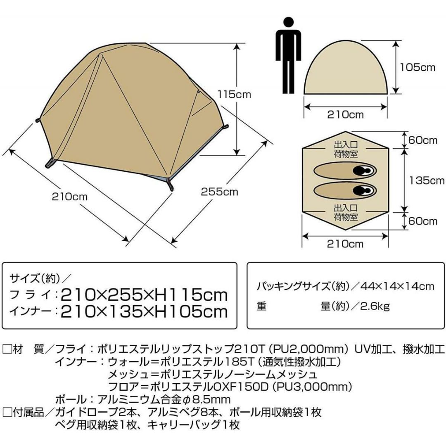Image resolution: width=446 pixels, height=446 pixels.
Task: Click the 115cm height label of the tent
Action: click(235, 95)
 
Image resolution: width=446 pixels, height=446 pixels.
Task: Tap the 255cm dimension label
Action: click(219, 192)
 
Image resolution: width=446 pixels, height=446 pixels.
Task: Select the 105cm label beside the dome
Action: click(418, 67)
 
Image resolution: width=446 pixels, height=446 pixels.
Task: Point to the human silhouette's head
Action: click(288, 23)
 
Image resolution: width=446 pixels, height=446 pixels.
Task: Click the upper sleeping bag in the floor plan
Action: click(345, 171)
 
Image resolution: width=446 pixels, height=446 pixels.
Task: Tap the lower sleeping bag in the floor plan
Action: click(345, 190)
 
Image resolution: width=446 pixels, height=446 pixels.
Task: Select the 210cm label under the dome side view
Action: click(345, 115)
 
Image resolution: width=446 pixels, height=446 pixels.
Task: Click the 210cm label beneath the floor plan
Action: click(345, 244)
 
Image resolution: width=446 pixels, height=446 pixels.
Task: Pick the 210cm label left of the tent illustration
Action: click(70, 197)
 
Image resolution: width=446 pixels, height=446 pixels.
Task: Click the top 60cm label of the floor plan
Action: click(423, 140)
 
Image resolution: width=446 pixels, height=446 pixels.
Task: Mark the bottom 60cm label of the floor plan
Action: click(423, 221)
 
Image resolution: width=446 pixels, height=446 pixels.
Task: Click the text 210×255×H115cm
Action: click(145, 295)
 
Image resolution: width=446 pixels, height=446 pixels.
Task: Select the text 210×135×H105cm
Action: click(145, 312)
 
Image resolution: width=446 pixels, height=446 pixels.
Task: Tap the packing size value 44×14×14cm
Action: click(397, 286)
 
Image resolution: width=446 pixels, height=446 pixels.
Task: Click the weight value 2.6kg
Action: click(375, 306)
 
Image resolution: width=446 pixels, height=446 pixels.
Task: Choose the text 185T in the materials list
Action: click(238, 362)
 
